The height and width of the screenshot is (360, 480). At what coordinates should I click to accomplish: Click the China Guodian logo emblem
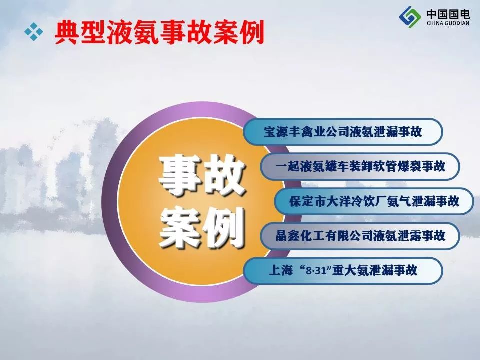[410, 17]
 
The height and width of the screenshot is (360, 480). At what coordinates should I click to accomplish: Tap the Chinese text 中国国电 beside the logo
[448, 14]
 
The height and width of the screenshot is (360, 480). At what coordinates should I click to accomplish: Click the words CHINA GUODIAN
[448, 23]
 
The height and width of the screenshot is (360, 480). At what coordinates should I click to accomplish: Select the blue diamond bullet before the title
[34, 32]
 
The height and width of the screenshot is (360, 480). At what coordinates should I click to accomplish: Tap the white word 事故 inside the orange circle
[202, 175]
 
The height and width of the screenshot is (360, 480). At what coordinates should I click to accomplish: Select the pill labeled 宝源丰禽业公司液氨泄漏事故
[343, 132]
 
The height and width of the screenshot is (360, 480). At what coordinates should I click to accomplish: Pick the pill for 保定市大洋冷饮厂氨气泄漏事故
[374, 201]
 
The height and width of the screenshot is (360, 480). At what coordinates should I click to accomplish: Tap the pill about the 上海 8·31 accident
[343, 270]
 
